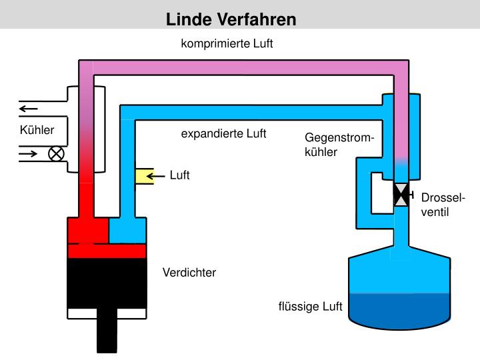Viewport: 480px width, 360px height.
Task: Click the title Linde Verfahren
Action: (231, 19)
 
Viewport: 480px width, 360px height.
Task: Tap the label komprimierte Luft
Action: (227, 44)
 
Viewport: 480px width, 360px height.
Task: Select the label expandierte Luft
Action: (223, 134)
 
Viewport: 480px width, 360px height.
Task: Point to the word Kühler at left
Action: (37, 130)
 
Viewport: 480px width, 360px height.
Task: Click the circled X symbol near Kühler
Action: (57, 154)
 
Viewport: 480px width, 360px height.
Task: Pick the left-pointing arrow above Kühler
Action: (29, 109)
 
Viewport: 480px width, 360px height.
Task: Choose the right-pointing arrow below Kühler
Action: (29, 154)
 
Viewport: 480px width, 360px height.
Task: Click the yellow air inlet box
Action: (143, 176)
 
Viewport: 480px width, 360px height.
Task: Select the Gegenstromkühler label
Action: (339, 145)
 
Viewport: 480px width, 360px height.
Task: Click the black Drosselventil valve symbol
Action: (402, 195)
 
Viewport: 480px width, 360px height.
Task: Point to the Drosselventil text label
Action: (443, 206)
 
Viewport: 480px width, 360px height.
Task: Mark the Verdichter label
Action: (189, 273)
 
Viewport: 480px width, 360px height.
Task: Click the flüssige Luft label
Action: (310, 307)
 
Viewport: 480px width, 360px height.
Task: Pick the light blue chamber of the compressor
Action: (127, 231)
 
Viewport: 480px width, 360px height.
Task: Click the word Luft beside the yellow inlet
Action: (180, 176)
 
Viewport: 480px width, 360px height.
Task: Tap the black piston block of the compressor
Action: (107, 283)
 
